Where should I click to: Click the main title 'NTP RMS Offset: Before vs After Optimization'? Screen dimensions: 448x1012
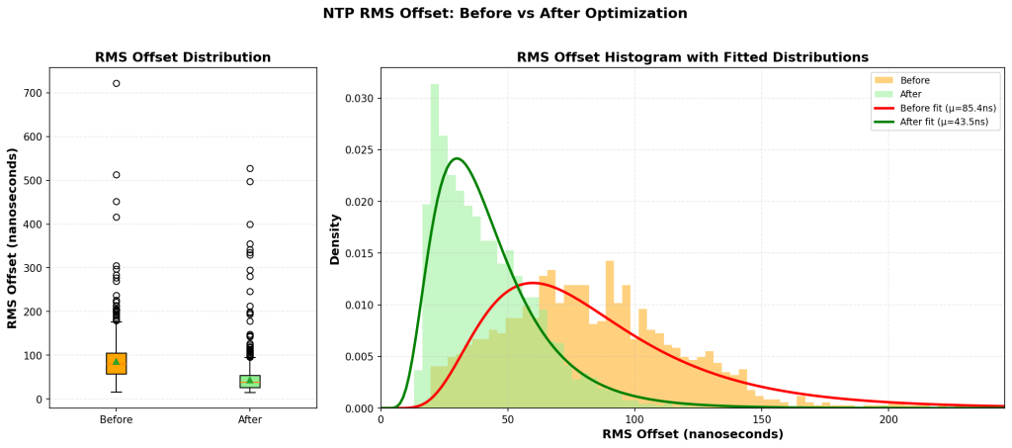505,14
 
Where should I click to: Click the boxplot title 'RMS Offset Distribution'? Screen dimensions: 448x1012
183,57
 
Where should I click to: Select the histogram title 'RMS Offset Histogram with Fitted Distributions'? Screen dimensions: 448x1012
692,57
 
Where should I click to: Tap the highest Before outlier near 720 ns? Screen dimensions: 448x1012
116,83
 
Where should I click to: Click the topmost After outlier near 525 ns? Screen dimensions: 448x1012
250,169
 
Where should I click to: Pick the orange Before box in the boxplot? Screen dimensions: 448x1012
116,363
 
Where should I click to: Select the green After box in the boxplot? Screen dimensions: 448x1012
250,382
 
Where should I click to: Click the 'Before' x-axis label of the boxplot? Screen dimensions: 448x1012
116,420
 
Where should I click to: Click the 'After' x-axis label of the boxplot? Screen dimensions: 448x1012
250,420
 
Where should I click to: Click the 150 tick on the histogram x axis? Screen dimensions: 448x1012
761,420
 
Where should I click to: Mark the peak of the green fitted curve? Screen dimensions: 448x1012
457,158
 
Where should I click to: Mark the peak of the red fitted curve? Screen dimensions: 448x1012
534,283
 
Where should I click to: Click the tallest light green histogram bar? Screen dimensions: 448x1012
435,247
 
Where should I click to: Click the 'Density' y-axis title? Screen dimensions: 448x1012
336,237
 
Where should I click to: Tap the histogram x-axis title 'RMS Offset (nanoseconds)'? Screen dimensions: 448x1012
692,435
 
